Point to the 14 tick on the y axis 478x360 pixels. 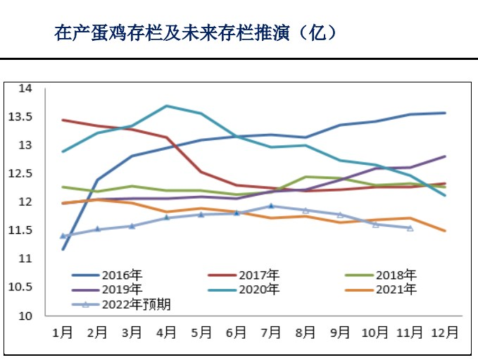[x=25, y=88]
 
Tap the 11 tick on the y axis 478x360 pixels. [x=25, y=259]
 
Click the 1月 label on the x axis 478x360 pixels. [x=63, y=332]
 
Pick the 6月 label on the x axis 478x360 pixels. [x=237, y=332]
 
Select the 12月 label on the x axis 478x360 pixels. [x=444, y=332]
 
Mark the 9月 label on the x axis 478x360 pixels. [x=341, y=332]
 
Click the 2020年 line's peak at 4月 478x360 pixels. [x=166, y=106]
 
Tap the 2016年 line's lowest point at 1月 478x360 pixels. [x=63, y=249]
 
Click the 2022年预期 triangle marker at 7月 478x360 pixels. [x=271, y=206]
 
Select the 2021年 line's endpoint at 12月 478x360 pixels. [x=444, y=230]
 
